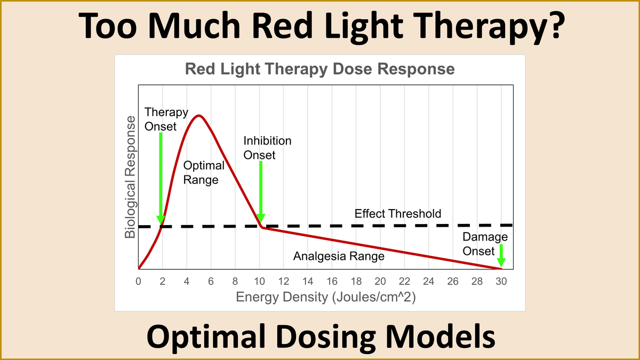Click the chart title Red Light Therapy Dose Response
[319, 69]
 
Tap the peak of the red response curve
[199, 116]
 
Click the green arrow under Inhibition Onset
[260, 192]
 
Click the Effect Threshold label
[398, 214]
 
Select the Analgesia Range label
[339, 257]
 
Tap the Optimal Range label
[203, 173]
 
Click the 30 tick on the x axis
[500, 281]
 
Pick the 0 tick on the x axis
[138, 281]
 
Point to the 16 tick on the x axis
[332, 281]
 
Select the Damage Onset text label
[485, 244]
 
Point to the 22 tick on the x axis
[404, 281]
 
